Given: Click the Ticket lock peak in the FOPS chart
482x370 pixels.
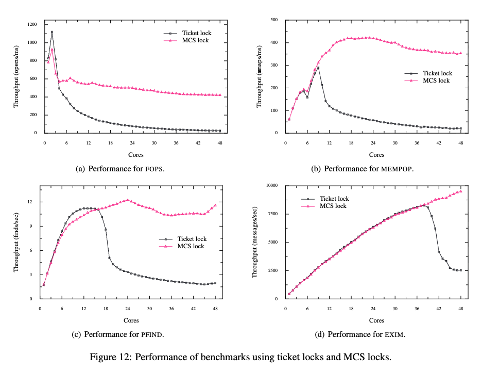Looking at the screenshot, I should point(51,32).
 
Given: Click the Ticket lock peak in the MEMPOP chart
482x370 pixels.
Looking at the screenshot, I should point(318,68).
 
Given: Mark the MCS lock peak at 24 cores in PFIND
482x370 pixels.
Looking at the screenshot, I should point(128,200).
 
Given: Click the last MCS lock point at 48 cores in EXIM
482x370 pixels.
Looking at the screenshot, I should point(460,191).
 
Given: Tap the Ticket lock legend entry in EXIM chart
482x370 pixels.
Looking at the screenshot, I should point(334,199).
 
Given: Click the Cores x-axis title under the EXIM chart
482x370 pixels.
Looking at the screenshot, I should point(376,320).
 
